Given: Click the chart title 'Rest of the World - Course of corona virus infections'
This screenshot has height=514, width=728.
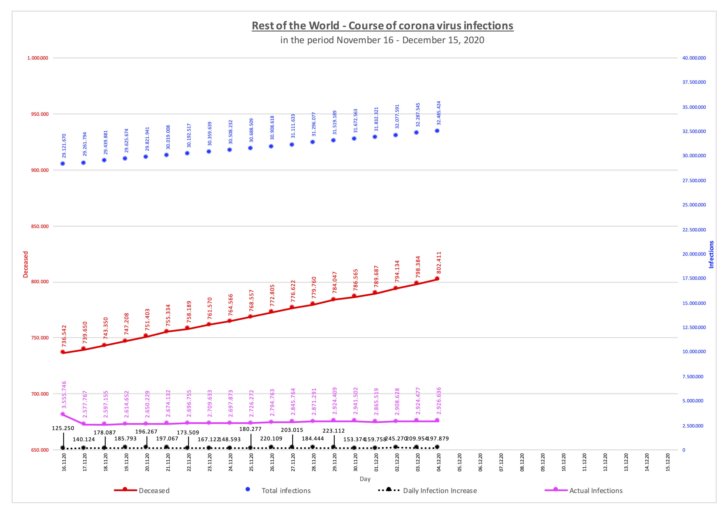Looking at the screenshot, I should [382, 26].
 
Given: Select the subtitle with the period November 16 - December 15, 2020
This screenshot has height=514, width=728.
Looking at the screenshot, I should [382, 40].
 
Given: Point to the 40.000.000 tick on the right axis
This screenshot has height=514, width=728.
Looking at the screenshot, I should [694, 58].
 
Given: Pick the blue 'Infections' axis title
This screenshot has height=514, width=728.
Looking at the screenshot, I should [711, 254].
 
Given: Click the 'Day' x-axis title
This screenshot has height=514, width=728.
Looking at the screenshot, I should [365, 479].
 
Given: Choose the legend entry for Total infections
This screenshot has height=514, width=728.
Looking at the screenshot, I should [286, 490].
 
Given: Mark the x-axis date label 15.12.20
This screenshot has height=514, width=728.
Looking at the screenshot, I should [668, 463].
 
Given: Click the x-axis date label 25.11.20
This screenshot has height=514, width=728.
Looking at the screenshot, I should [251, 463].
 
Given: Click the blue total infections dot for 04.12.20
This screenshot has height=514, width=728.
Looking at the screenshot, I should [437, 131].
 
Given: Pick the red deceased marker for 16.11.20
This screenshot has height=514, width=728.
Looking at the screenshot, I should [63, 352].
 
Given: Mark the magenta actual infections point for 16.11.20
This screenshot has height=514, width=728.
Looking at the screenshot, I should [63, 414].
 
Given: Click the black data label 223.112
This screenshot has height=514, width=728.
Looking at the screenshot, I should [334, 431].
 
